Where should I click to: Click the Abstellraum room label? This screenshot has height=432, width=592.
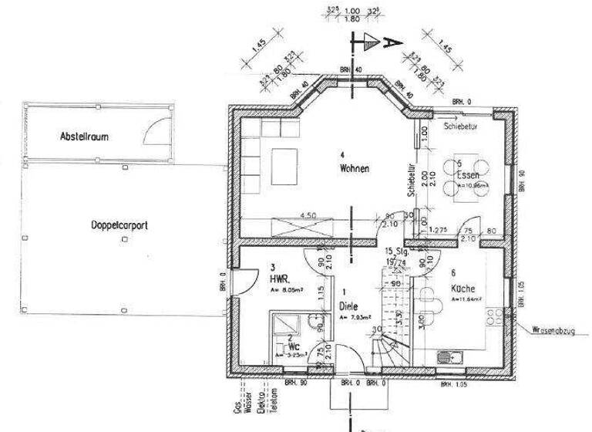(x=85, y=137)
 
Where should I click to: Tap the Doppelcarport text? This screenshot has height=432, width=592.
(x=119, y=226)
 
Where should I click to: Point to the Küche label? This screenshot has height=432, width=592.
(x=462, y=291)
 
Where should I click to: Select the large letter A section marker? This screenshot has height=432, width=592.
(x=390, y=42)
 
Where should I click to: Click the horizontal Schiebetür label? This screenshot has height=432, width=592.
(x=462, y=124)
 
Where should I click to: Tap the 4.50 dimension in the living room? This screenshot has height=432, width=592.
(x=308, y=215)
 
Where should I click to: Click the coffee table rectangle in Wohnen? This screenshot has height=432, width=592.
(x=285, y=162)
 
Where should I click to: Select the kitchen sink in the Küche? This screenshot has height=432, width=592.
(x=446, y=356)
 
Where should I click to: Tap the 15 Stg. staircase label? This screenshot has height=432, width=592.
(x=396, y=253)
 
